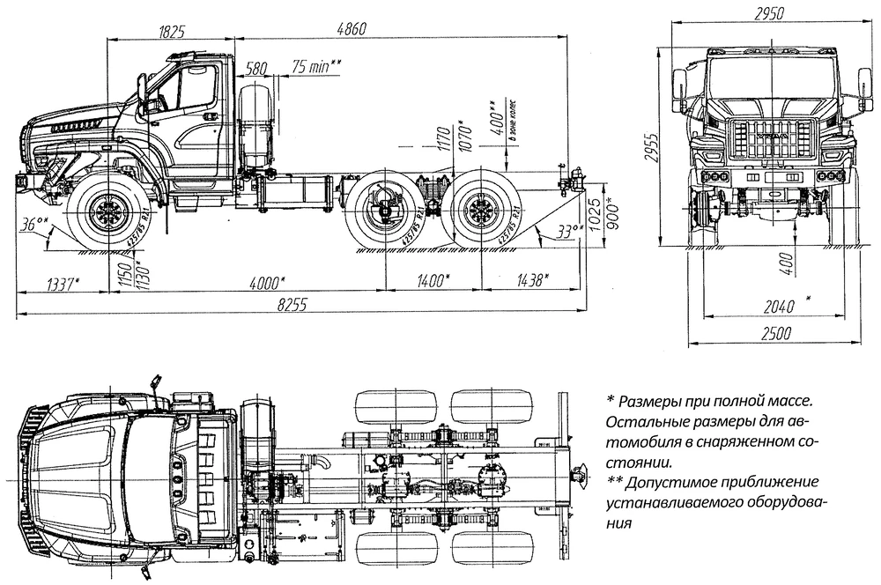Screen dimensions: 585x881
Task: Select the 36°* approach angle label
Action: tap(34, 226)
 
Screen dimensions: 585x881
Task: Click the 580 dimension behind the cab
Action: tap(257, 68)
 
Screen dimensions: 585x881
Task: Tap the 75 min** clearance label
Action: tap(315, 68)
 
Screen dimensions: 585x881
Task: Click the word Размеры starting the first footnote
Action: tap(652, 402)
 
